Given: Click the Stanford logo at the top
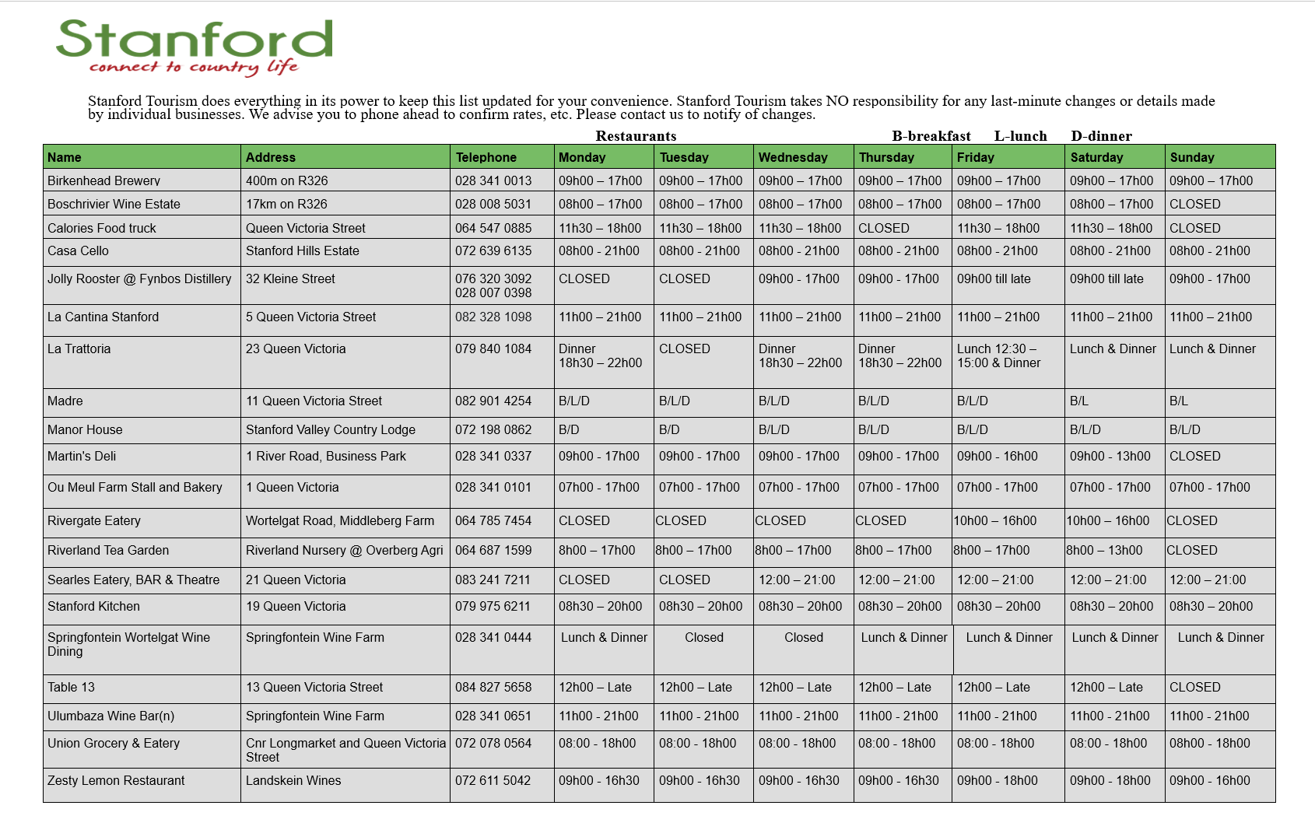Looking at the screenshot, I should [x=195, y=47].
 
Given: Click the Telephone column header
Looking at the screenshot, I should [x=486, y=157].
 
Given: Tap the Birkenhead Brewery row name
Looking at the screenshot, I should [x=103, y=180].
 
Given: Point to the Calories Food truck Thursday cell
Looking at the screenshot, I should [x=884, y=228].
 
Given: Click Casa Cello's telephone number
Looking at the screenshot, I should [x=493, y=250].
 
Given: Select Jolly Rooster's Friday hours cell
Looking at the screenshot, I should [x=994, y=278].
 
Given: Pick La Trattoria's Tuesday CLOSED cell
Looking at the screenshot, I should [x=685, y=348].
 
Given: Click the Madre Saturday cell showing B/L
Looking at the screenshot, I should [x=1079, y=401].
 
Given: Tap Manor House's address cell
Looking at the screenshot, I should [x=331, y=429].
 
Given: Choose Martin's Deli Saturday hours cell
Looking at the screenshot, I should [x=1110, y=456].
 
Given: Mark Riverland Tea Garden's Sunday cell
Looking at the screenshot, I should [x=1192, y=550].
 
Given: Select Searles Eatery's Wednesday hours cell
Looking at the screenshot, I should [x=797, y=580].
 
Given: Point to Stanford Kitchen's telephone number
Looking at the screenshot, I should [x=493, y=606].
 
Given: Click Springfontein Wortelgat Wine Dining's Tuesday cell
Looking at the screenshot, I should [x=704, y=637].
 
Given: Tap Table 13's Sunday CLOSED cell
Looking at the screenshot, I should [x=1195, y=687].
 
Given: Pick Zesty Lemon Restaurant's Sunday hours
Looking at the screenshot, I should [x=1210, y=780].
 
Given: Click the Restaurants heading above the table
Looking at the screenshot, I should [x=636, y=136].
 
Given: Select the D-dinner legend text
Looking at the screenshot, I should [x=1101, y=136].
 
